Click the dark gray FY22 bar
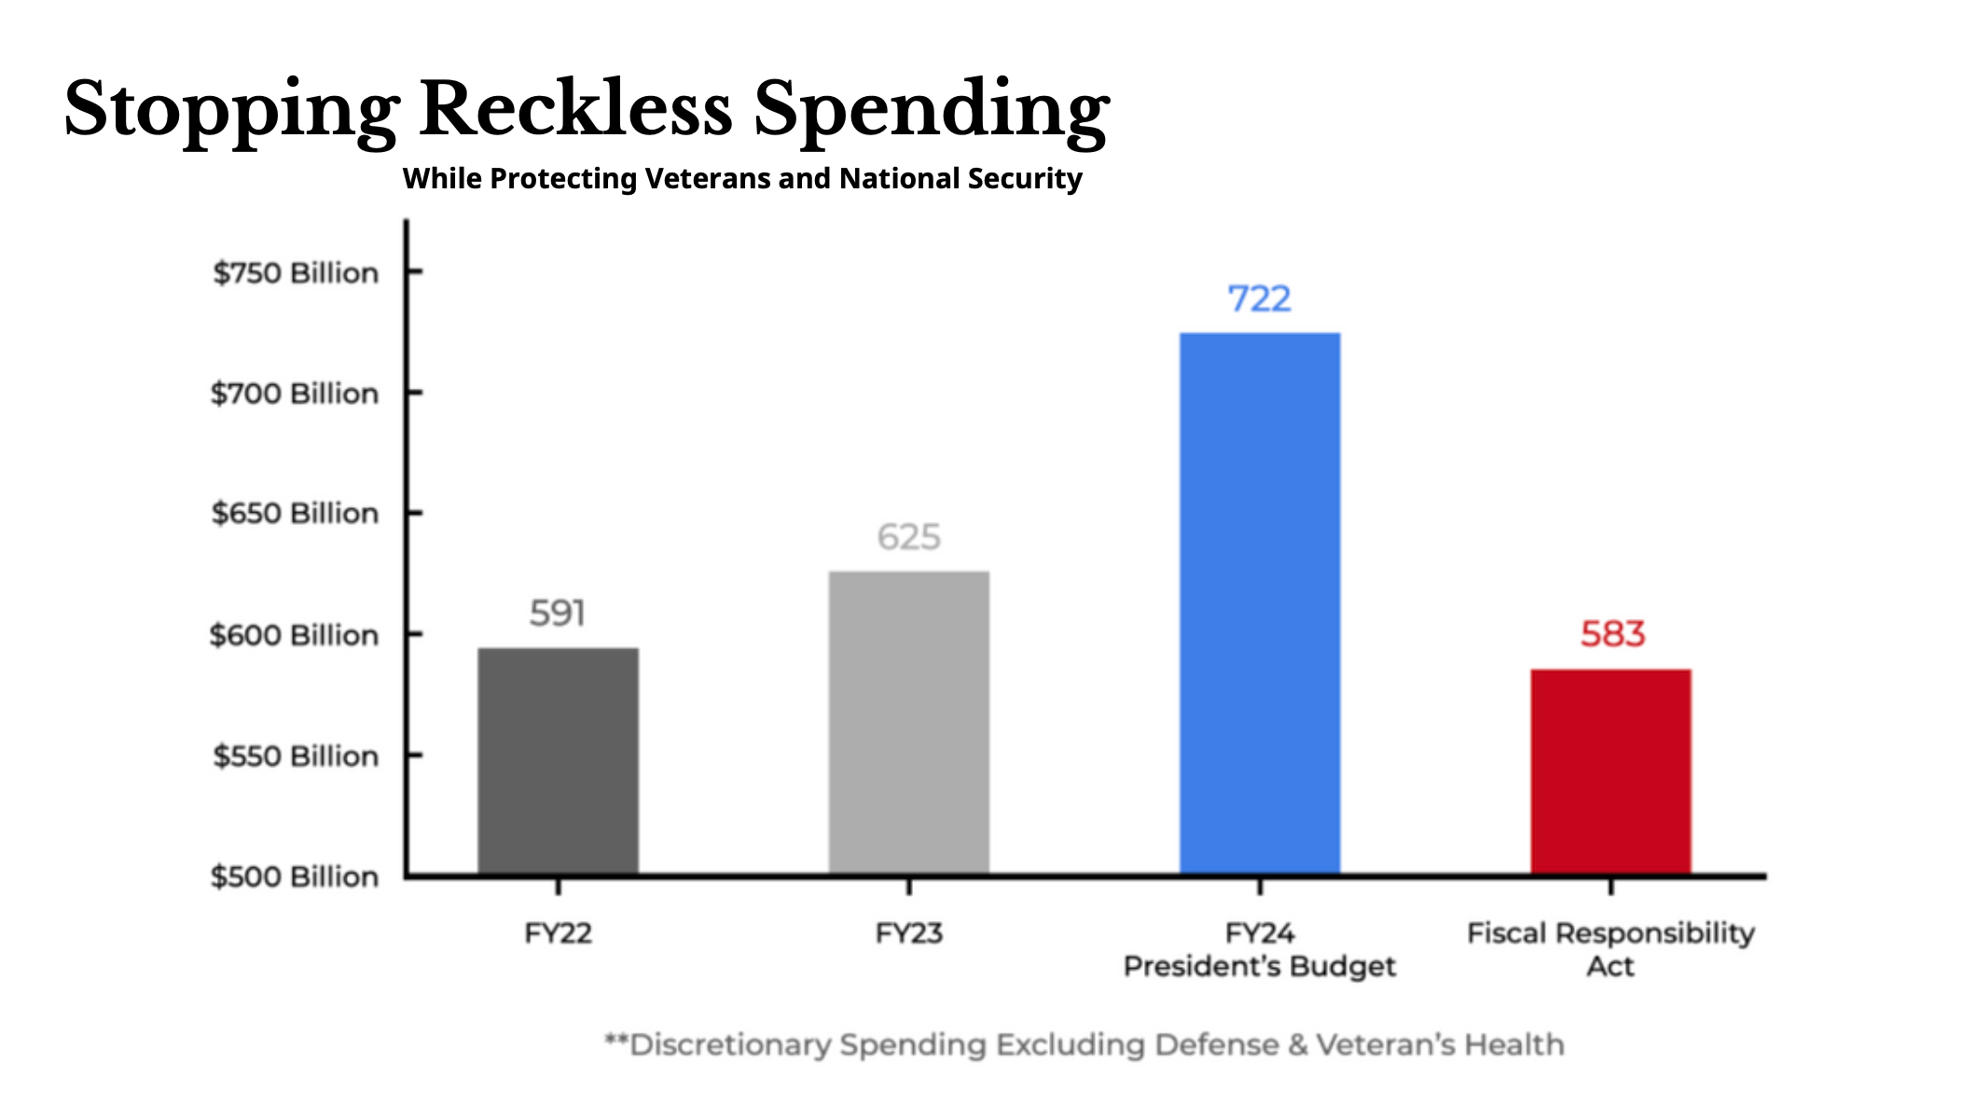click(558, 761)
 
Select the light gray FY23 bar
click(908, 723)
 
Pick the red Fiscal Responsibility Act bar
click(1610, 772)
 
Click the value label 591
click(558, 614)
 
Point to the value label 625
click(909, 537)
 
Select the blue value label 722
click(1259, 299)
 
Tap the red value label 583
click(1612, 635)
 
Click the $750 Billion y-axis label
click(296, 273)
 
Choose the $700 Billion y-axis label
click(295, 393)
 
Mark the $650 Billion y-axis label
click(295, 514)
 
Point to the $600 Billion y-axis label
click(294, 636)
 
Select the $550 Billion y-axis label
click(296, 756)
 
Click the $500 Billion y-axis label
click(295, 877)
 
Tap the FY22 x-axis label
click(558, 933)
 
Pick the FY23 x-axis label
click(909, 933)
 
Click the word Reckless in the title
click(575, 108)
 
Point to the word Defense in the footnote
click(1216, 1045)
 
